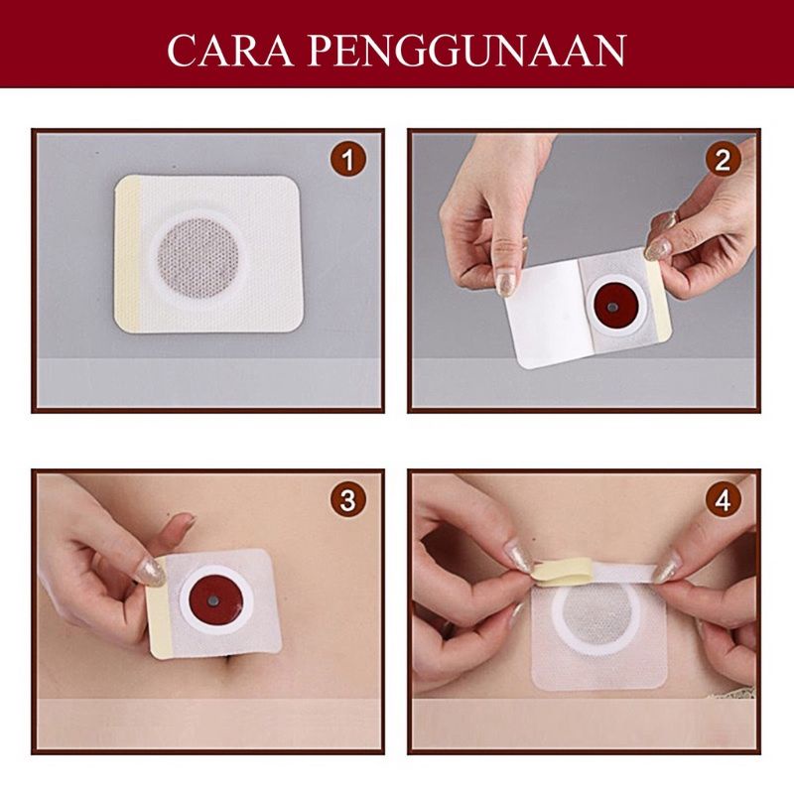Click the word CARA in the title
230,51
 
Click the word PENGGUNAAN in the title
466,51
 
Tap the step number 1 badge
348,160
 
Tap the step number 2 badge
724,160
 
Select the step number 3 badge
348,500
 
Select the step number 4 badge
724,500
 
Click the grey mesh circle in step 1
198,258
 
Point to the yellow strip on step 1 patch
128,253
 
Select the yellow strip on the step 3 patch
161,607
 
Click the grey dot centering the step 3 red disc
213,600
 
